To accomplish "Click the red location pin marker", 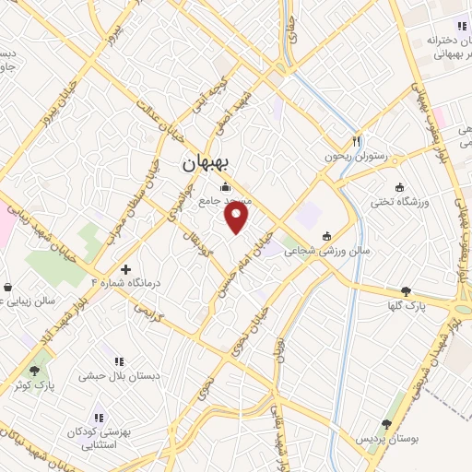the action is click(x=237, y=218).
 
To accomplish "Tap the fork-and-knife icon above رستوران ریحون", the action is click(x=356, y=142).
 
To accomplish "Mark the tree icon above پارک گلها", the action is click(x=407, y=290).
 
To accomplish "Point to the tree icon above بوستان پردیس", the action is click(x=385, y=424).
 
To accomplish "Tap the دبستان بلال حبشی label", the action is click(x=113, y=376).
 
